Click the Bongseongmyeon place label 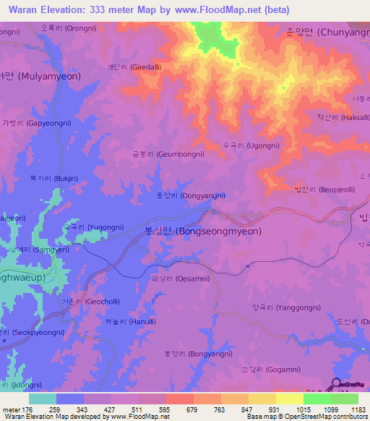198,231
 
